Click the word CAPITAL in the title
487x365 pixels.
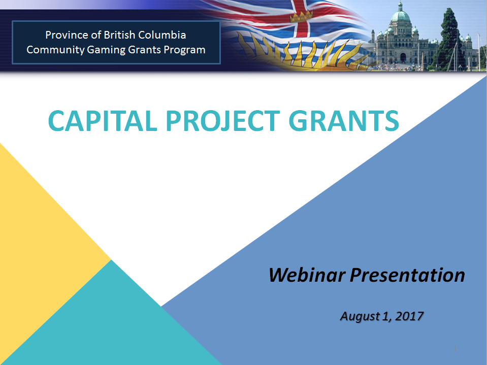[103, 120]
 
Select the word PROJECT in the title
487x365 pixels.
[223, 120]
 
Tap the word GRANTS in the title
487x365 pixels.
[344, 120]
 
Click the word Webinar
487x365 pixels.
[307, 275]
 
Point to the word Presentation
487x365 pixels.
[407, 275]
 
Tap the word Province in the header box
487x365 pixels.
[67, 35]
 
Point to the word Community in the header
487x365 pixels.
[55, 50]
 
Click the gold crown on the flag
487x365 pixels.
[301, 16]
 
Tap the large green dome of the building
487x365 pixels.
[401, 16]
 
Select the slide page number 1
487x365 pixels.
[456, 348]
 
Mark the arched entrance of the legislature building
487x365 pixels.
[403, 58]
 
